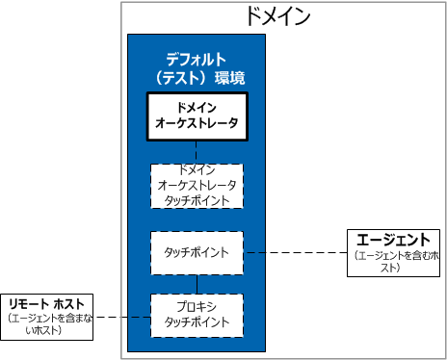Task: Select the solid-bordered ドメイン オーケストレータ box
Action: tap(197, 116)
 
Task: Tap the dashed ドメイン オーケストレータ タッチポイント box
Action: tap(197, 186)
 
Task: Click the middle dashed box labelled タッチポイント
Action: tap(197, 252)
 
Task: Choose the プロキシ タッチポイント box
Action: tap(197, 314)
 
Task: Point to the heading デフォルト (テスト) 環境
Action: tap(197, 66)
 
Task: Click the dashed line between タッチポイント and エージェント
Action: tap(295, 252)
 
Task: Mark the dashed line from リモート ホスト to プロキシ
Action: tap(123, 317)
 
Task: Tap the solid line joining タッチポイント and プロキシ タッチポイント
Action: tap(197, 283)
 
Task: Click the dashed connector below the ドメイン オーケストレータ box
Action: tap(197, 150)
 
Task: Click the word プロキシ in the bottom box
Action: tap(197, 306)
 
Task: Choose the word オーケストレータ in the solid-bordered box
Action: tap(197, 124)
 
